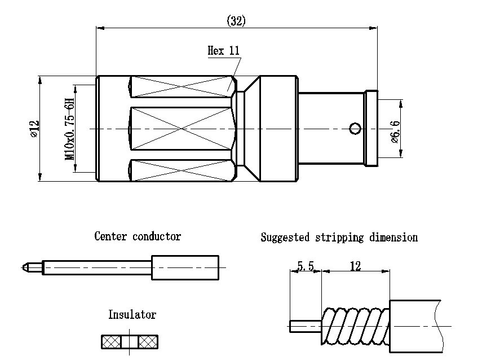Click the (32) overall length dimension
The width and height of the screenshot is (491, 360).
(x=236, y=21)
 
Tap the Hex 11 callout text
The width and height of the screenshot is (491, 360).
(x=224, y=51)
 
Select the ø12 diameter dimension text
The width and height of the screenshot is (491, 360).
(x=33, y=128)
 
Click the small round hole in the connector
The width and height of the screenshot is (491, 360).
(x=355, y=129)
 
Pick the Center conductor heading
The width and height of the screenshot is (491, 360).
(x=138, y=236)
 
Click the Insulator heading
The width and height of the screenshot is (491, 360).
(x=132, y=314)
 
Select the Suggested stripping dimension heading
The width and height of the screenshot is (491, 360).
(x=339, y=237)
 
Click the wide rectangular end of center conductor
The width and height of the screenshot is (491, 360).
(x=185, y=267)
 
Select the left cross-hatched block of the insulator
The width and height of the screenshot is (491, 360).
(x=111, y=341)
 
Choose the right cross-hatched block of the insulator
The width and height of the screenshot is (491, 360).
(x=148, y=341)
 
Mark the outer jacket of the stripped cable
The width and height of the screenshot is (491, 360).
(x=417, y=326)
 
